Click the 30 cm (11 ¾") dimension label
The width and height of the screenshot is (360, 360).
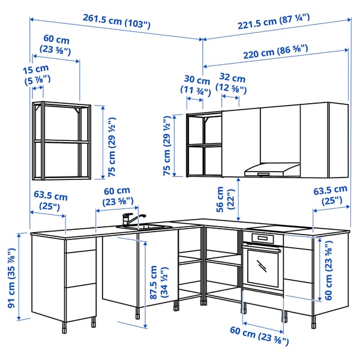tap(197, 85)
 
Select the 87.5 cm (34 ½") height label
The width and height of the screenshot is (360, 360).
tap(158, 283)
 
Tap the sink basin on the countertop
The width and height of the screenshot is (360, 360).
tap(146, 227)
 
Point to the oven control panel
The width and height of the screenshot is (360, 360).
tap(262, 238)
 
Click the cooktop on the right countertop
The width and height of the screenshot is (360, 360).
tap(282, 229)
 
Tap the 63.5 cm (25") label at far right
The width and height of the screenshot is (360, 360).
tap(330, 196)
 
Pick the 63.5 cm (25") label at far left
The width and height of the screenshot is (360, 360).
tap(50, 201)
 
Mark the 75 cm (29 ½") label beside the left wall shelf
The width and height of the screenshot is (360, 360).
tap(110, 142)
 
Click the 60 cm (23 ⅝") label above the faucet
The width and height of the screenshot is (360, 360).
tap(117, 196)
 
